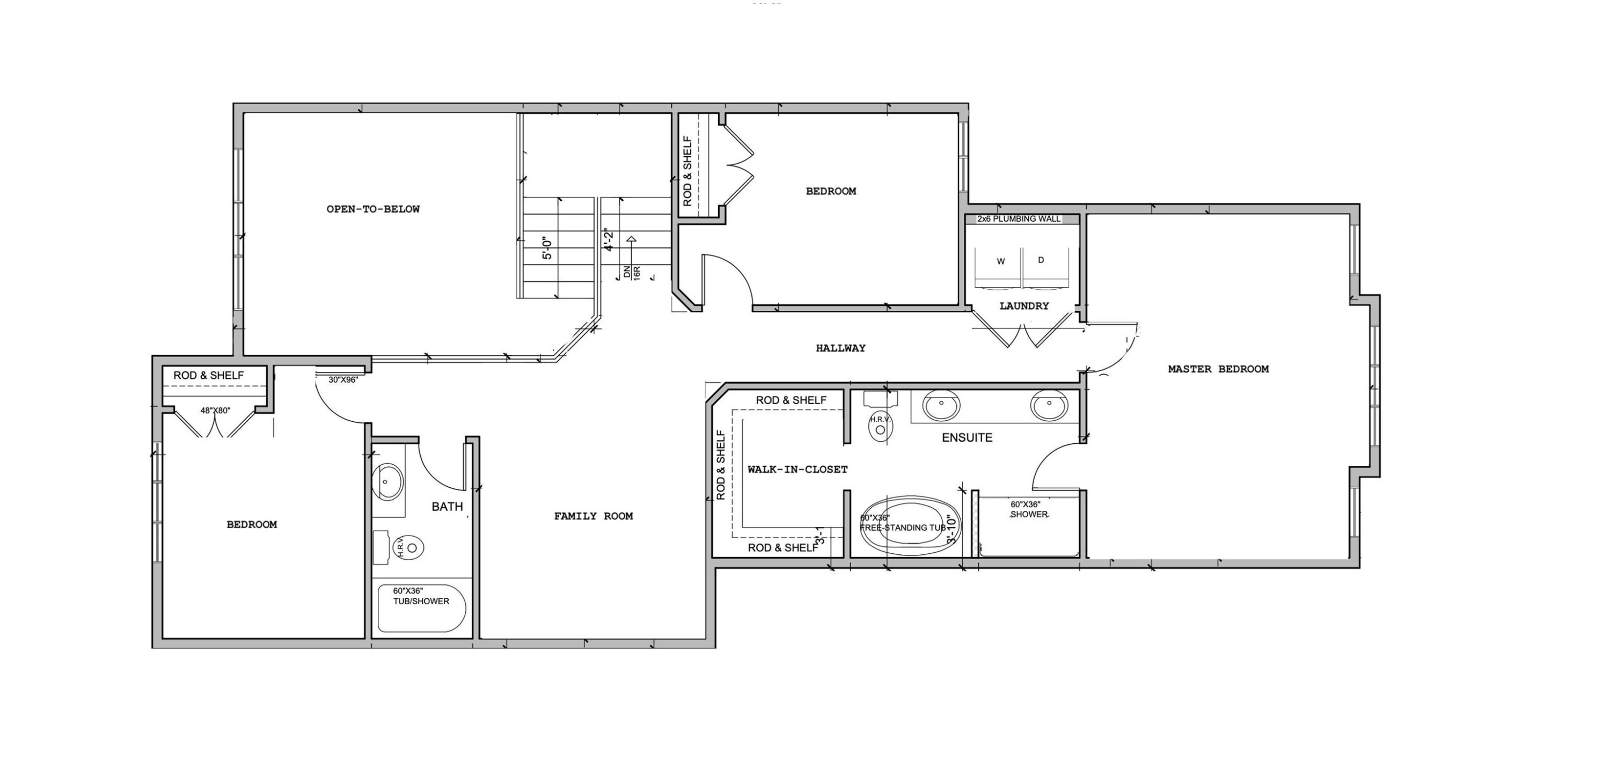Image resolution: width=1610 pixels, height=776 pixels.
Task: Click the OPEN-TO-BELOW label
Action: click(373, 209)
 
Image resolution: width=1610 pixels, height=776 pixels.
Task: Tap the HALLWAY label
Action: click(840, 348)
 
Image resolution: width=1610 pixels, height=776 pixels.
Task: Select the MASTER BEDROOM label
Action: click(1218, 369)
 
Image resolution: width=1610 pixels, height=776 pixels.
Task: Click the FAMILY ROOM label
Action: click(593, 516)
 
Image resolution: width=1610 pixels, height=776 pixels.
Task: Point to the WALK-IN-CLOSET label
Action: click(797, 469)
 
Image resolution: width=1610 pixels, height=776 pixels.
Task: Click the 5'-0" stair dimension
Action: click(547, 247)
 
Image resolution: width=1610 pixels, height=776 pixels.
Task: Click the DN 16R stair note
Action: click(631, 273)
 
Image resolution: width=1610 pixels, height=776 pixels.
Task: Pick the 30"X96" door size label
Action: click(343, 379)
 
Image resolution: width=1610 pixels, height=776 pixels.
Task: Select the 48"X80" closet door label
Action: click(215, 411)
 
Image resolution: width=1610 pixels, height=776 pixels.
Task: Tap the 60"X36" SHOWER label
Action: click(1028, 509)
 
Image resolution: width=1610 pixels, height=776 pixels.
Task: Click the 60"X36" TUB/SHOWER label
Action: click(421, 596)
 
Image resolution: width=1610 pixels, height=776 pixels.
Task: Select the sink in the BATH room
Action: click(387, 482)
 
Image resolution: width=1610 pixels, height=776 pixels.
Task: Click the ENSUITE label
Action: click(967, 438)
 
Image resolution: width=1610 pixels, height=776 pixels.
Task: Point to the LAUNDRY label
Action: click(1024, 306)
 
